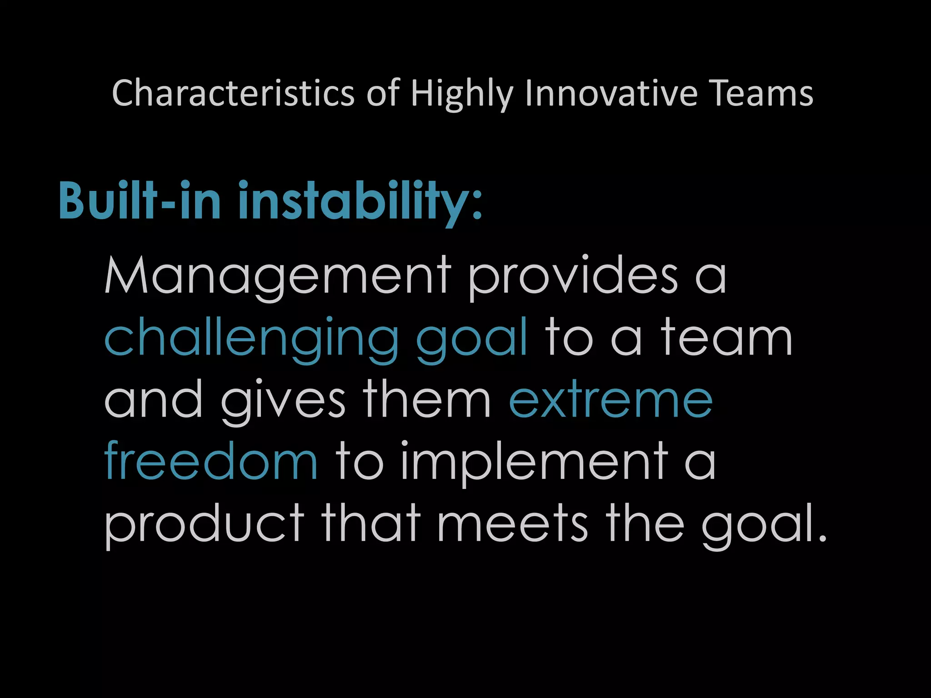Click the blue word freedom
click(x=211, y=461)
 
